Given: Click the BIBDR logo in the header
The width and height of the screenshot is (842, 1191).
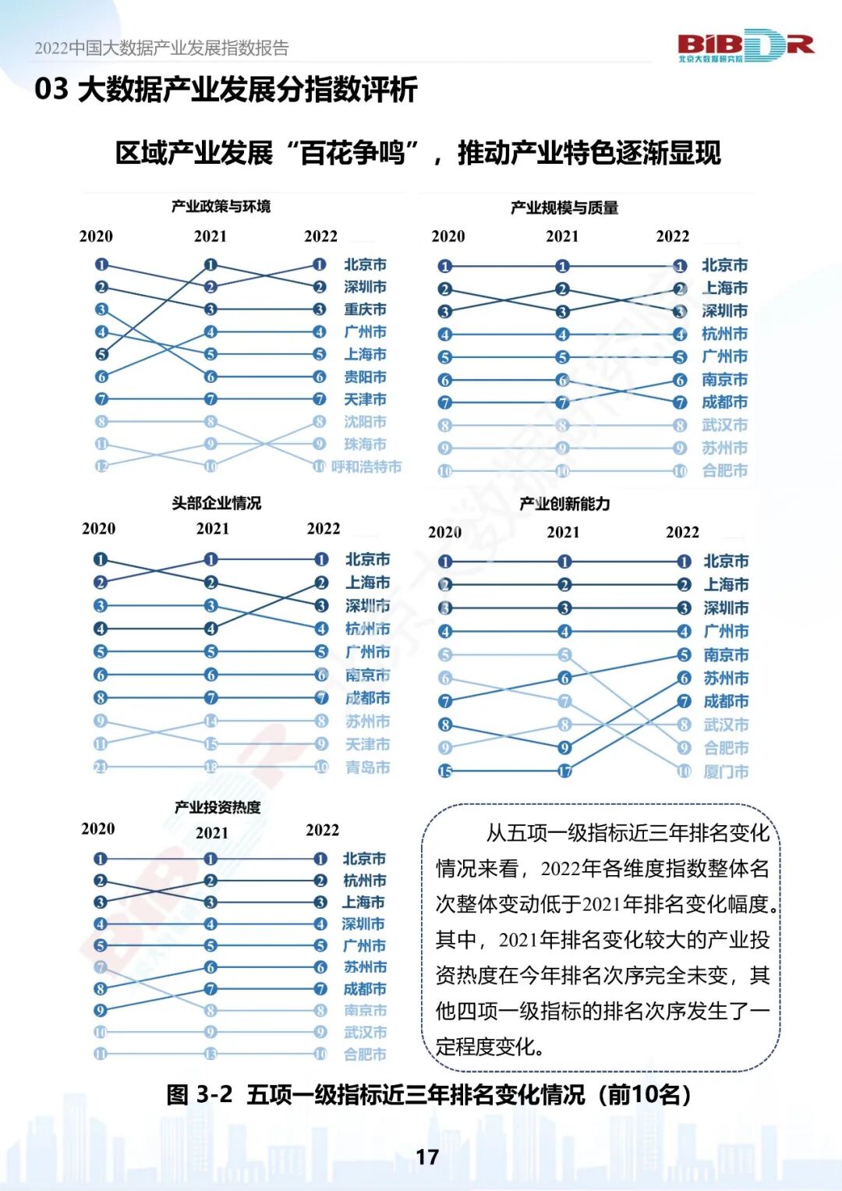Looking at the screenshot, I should pyautogui.click(x=745, y=46).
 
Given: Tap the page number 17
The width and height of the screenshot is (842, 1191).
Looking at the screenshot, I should pyautogui.click(x=427, y=1157).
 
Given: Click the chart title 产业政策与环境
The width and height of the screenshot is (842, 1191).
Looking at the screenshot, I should pyautogui.click(x=221, y=207).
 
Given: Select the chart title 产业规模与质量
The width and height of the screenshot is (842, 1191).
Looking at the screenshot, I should pyautogui.click(x=564, y=207).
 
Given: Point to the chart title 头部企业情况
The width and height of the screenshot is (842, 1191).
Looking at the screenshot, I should pyautogui.click(x=217, y=503).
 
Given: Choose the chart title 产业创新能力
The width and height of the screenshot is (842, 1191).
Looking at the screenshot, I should pyautogui.click(x=564, y=504).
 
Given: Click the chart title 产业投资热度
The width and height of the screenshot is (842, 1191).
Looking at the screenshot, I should pyautogui.click(x=218, y=807).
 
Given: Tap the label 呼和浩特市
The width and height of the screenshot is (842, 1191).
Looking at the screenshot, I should pyautogui.click(x=366, y=466).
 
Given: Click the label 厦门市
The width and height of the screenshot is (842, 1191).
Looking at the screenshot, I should pyautogui.click(x=726, y=771).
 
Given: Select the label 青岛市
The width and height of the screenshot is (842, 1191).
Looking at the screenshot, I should pyautogui.click(x=367, y=767).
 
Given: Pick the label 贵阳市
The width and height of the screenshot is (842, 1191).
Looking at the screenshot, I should pyautogui.click(x=365, y=377).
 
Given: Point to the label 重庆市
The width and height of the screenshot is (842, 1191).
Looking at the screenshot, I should pyautogui.click(x=365, y=310).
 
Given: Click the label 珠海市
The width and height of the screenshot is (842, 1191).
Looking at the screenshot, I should pyautogui.click(x=365, y=444).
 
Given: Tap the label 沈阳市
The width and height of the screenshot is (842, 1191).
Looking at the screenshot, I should pyautogui.click(x=365, y=422).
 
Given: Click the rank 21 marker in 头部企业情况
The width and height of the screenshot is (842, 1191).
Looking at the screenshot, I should pyautogui.click(x=101, y=767).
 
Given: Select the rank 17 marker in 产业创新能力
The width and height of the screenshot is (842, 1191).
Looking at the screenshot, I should pyautogui.click(x=564, y=771).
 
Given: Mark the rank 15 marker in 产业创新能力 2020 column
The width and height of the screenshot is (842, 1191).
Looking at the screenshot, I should pyautogui.click(x=445, y=771).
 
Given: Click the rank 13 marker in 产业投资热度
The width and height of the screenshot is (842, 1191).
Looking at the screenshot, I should pyautogui.click(x=210, y=1054).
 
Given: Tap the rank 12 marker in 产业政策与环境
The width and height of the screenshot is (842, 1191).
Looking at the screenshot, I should pyautogui.click(x=101, y=466).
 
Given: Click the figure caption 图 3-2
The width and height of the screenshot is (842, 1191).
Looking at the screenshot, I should pyautogui.click(x=199, y=1094).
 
